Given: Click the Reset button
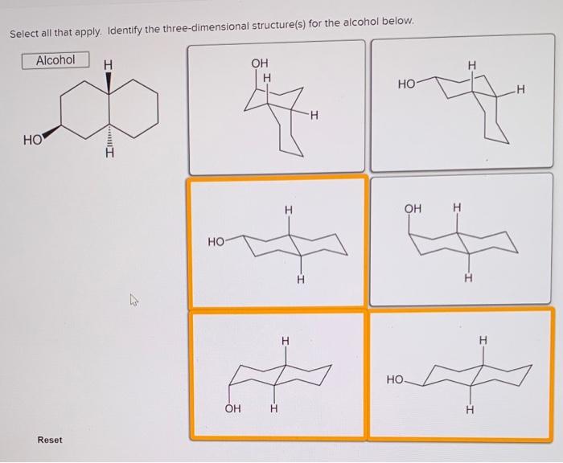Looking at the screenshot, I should tap(49, 440).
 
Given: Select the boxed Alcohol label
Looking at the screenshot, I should tap(55, 60).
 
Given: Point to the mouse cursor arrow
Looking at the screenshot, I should tap(134, 302).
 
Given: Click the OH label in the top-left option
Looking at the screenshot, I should tap(259, 63).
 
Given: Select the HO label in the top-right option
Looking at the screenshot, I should tap(406, 83).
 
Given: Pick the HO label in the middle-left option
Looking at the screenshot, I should tap(216, 240).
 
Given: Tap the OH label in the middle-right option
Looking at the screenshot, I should tap(413, 208).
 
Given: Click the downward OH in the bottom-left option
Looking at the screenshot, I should tap(232, 408).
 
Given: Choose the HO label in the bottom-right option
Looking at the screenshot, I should tap(395, 378).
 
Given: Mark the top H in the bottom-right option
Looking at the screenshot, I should tap(483, 341).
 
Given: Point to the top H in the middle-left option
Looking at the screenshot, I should tap(287, 209).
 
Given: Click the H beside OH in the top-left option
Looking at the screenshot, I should tap(268, 77).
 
